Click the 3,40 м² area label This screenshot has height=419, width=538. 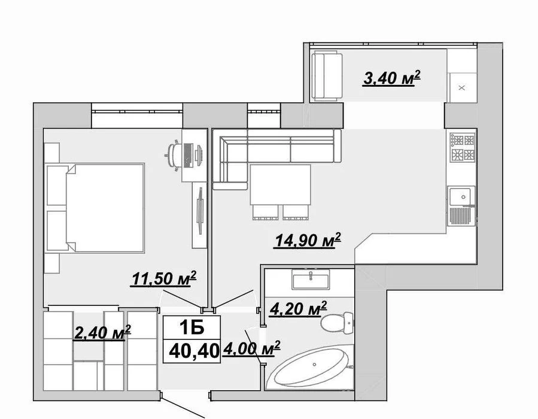[391, 78]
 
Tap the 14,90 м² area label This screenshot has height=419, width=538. [307, 240]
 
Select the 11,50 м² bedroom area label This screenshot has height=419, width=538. [163, 278]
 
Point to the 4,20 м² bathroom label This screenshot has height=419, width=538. [298, 308]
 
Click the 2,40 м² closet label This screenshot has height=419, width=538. [102, 333]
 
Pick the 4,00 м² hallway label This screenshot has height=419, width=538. [251, 348]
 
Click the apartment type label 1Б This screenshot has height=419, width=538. [192, 327]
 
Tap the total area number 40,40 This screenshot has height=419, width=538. [194, 351]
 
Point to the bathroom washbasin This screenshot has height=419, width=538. [311, 280]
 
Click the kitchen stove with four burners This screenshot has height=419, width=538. [463, 148]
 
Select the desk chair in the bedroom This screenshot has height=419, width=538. [174, 155]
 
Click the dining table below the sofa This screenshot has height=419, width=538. [280, 185]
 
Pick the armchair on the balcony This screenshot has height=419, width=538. [327, 76]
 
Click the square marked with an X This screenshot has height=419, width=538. [462, 87]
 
